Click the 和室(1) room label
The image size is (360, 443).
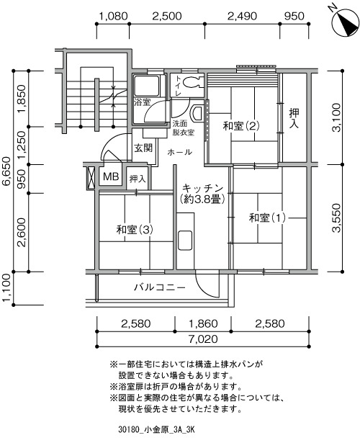coord(267,218)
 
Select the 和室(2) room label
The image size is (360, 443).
coord(241,125)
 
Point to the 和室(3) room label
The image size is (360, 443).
coord(135,230)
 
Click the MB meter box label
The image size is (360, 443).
coord(111,176)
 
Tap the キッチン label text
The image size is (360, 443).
coord(203,188)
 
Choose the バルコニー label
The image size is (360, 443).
coord(160,287)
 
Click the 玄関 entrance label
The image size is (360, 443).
coord(143,148)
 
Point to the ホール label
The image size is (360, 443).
coord(179,152)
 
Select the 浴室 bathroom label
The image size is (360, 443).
coord(142,102)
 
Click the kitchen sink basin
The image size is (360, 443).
coord(185,241)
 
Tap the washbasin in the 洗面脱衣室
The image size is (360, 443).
coord(197,113)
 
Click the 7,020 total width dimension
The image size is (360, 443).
coord(203,339)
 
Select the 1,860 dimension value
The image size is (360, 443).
coord(203,323)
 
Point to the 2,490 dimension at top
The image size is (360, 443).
coord(242,16)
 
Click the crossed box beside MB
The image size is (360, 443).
coord(91,178)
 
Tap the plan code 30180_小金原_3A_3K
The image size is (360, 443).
coord(156,430)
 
